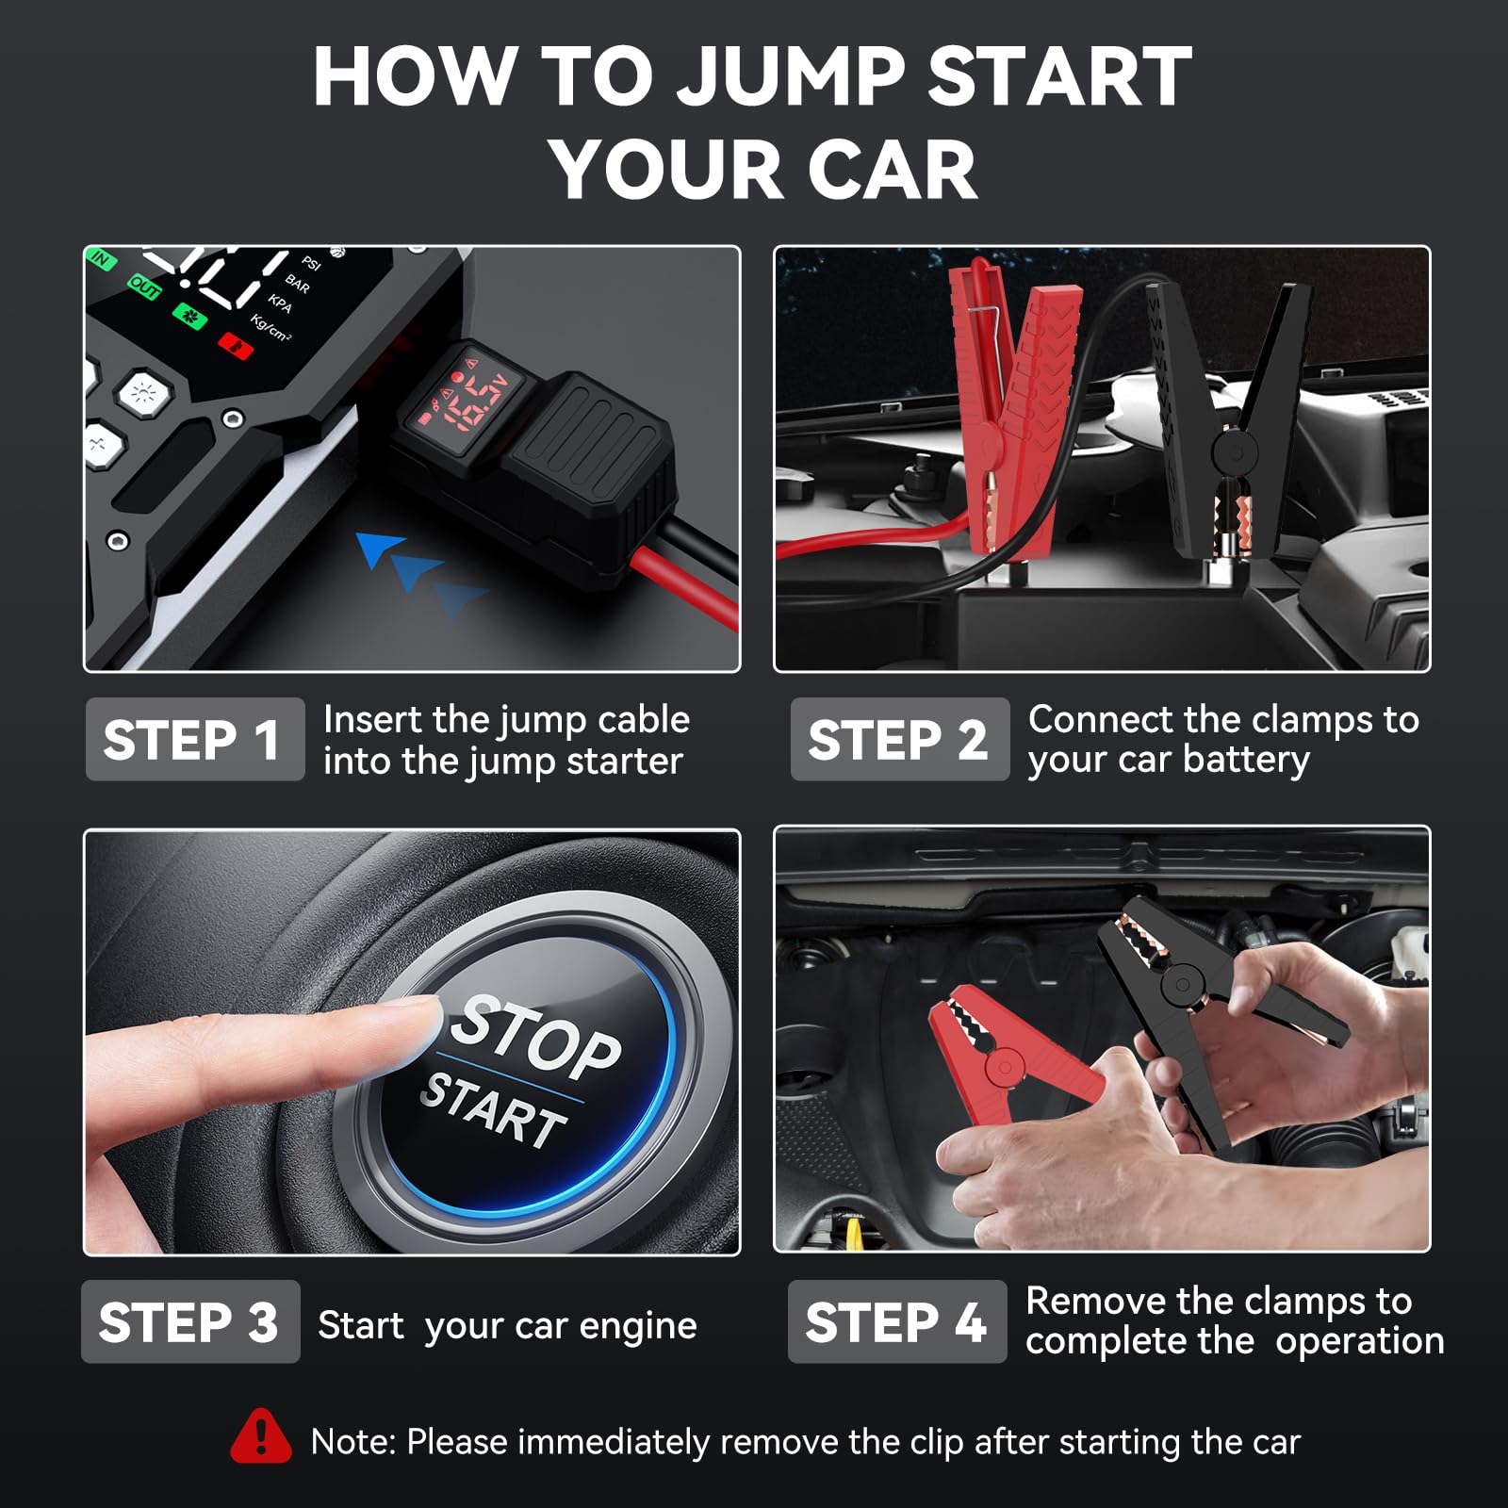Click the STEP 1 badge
[194, 740]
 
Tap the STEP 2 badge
[899, 740]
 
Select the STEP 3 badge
[190, 1321]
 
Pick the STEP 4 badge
[896, 1321]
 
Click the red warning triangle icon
[260, 1438]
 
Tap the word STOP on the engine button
[537, 1037]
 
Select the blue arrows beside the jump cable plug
[419, 570]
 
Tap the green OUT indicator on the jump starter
[143, 287]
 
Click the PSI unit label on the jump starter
[311, 263]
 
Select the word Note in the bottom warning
[352, 1442]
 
